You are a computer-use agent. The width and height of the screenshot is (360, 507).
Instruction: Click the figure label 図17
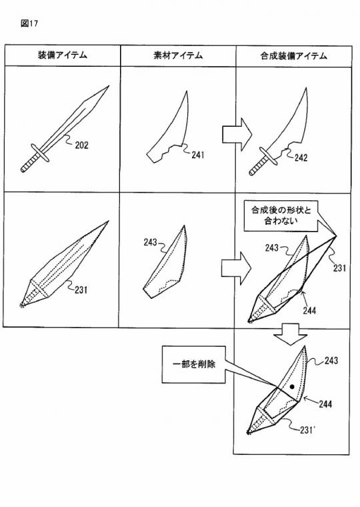[x=30, y=23]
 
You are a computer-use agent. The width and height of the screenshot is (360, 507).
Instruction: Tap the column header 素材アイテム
[x=178, y=56]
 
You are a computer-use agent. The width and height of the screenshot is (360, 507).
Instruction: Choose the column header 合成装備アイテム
[x=293, y=56]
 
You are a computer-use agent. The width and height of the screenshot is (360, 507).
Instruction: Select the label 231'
[x=308, y=430]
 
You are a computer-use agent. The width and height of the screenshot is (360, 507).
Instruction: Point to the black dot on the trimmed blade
[x=291, y=386]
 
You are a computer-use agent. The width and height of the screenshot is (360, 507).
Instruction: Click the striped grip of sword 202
[x=29, y=162]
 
